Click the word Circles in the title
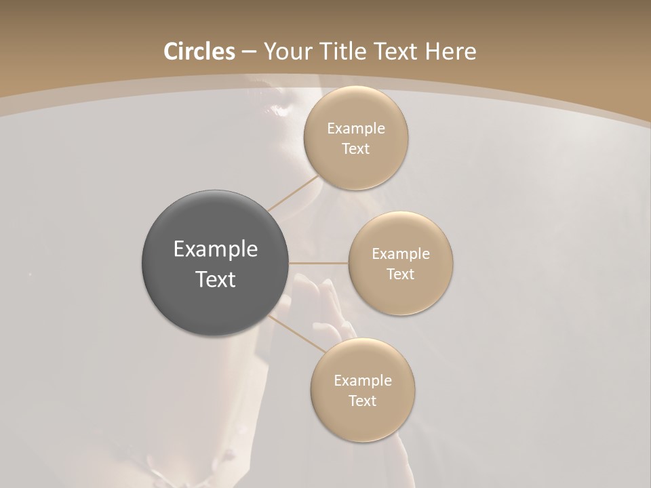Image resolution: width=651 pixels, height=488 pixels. point(199,52)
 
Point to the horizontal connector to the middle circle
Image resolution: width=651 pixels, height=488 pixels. point(319,262)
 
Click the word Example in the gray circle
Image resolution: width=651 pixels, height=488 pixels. point(216,249)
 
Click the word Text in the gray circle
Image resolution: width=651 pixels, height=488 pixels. point(216,279)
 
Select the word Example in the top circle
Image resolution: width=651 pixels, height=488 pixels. point(356,129)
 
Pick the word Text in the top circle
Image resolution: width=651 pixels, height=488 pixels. point(356,149)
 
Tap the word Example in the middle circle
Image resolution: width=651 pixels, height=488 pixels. point(401,254)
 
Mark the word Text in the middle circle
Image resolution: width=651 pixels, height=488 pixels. point(401,274)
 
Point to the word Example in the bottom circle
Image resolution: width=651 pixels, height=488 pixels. point(363,381)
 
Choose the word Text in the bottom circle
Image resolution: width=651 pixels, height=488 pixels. point(363,401)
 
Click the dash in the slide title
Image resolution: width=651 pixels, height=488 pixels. point(249,52)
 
